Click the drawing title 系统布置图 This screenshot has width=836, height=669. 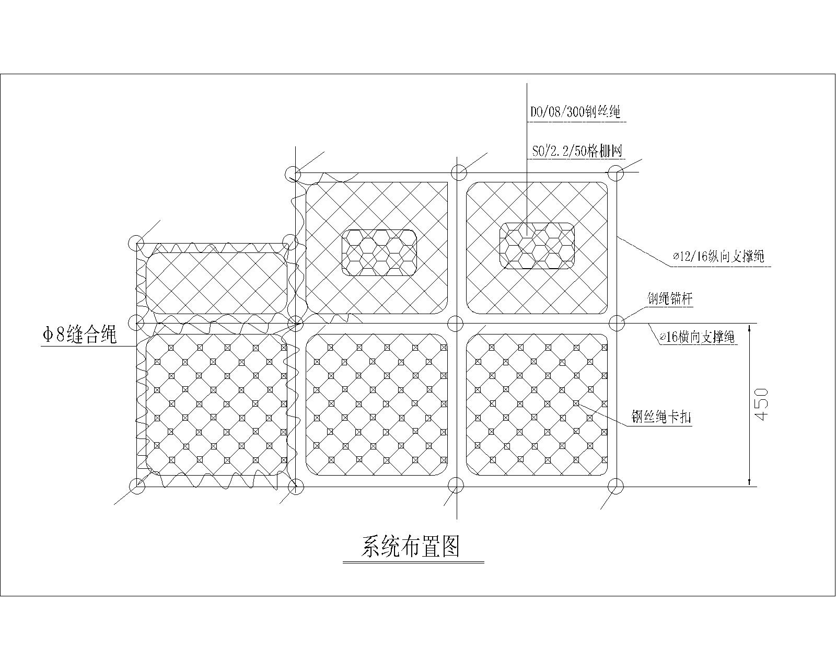411,547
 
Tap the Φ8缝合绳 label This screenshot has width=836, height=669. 79,335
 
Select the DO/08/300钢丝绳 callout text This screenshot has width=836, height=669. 575,112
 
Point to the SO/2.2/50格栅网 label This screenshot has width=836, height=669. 577,152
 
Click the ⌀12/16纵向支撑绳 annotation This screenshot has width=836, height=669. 718,257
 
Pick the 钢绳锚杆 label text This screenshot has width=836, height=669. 670,299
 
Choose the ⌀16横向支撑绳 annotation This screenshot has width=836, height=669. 697,338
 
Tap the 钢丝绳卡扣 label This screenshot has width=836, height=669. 661,417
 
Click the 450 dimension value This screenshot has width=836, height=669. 761,404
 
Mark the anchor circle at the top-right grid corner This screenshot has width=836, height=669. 616,172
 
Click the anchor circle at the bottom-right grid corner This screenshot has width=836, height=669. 616,487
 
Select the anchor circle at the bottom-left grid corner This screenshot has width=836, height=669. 137,486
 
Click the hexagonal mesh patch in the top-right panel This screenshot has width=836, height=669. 537,246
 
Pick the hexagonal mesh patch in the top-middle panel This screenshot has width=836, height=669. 379,252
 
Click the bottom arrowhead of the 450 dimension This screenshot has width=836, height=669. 749,482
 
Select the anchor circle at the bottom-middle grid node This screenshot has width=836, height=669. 456,486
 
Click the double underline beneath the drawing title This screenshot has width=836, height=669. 413,562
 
